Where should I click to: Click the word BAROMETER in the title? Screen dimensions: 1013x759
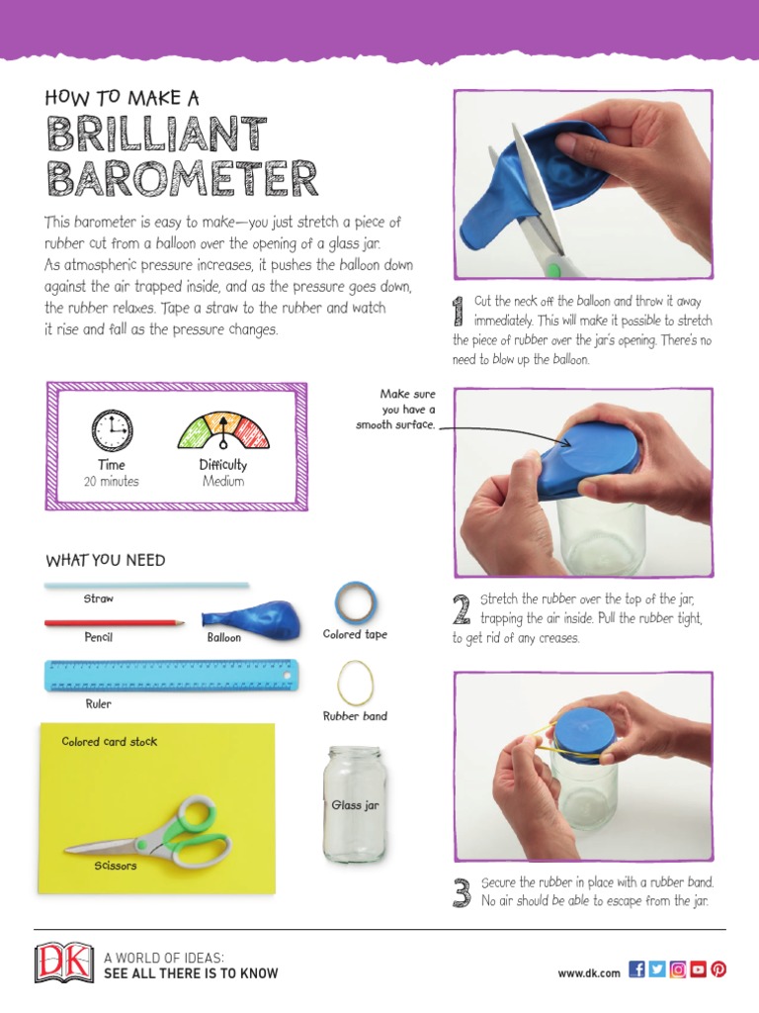pos(182,179)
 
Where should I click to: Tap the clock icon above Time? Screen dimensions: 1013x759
pos(112,430)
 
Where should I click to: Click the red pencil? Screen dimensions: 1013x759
pos(114,623)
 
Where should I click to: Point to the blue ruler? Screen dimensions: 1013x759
pos(171,676)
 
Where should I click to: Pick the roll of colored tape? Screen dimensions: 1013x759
pos(354,601)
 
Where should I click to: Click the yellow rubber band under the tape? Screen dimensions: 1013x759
pos(355,681)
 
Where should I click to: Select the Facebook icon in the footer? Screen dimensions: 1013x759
pos(636,969)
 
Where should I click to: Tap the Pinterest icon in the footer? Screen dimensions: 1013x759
pos(718,969)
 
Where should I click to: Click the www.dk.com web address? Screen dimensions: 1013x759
pos(589,972)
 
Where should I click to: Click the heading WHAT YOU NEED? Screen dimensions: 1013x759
pos(106,561)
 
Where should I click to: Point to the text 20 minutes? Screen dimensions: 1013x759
pos(112,482)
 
